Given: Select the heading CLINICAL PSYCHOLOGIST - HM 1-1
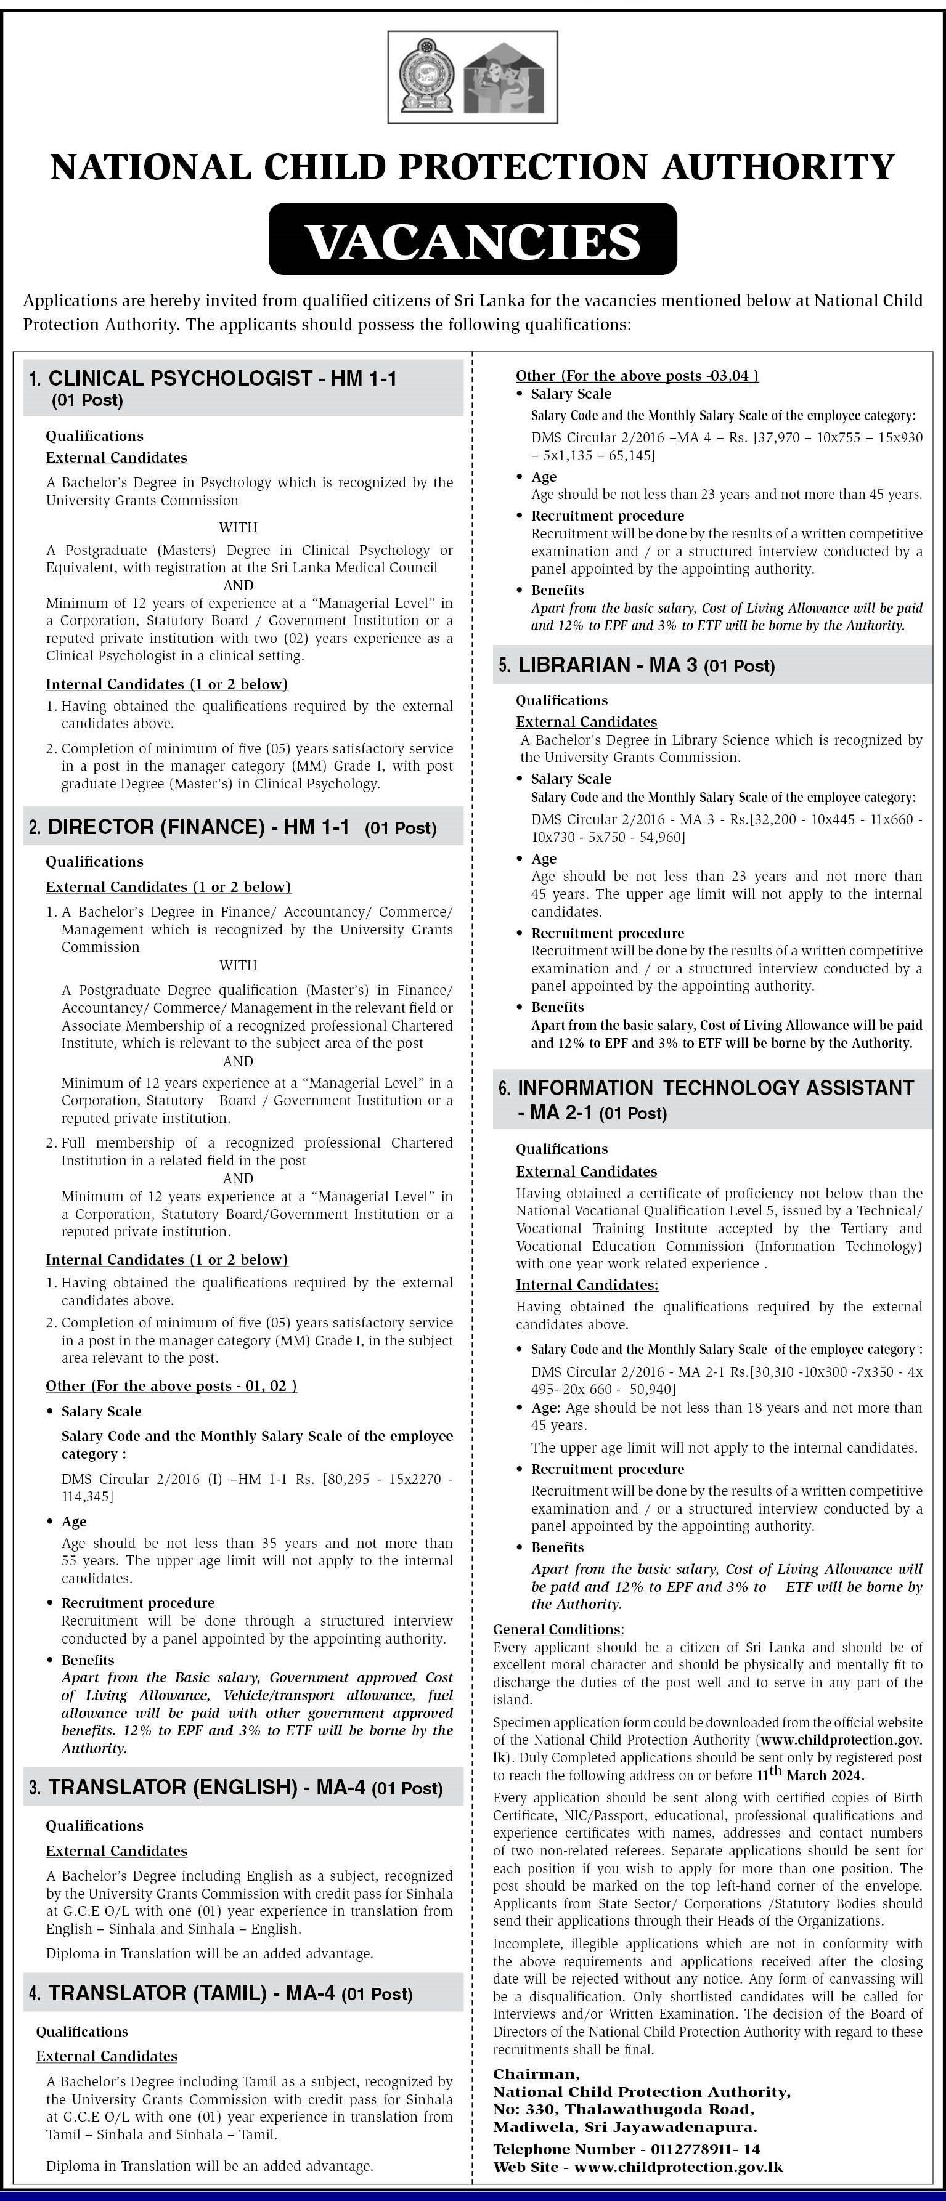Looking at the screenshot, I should tap(222, 378).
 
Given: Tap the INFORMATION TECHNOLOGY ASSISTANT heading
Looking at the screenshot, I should tap(716, 1088).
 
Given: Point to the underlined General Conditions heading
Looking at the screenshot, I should tap(558, 1629).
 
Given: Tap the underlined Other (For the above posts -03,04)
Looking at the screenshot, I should tap(637, 375).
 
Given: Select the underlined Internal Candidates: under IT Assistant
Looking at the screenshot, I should tap(586, 1284).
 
